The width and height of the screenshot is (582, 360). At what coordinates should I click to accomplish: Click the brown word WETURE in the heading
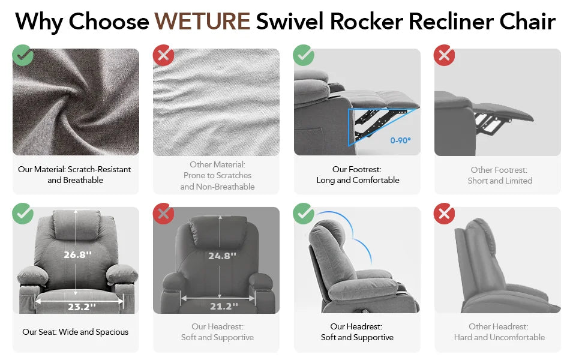coord(202,21)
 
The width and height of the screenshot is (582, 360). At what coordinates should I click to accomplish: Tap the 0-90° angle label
coord(400,140)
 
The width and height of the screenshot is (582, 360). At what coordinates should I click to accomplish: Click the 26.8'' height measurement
coord(77,254)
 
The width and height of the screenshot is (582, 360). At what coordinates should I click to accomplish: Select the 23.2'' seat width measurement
coord(82,307)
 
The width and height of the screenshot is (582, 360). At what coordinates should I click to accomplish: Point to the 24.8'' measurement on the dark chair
coord(222,256)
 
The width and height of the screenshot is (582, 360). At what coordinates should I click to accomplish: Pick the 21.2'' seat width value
coord(224,306)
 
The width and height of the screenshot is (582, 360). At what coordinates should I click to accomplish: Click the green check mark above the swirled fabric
coord(23,55)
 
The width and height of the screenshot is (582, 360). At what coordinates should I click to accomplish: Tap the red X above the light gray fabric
coord(163,55)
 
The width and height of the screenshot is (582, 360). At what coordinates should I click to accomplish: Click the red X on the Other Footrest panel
coord(444,55)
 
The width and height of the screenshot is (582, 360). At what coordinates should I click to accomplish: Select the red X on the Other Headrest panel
coord(444,214)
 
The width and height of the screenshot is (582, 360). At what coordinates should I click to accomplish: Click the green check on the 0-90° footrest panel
coord(304,55)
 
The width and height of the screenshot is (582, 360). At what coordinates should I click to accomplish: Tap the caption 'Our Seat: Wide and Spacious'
coord(76,332)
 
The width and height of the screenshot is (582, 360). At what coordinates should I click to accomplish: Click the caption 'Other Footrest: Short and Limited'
coord(500,175)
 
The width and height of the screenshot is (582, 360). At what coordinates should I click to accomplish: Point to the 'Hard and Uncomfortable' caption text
coord(499,337)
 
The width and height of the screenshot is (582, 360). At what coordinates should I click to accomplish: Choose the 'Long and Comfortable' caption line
coord(358,181)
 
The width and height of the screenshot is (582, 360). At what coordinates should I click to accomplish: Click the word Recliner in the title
coord(451,21)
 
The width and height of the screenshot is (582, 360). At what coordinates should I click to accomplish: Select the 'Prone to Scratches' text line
coord(217,176)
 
